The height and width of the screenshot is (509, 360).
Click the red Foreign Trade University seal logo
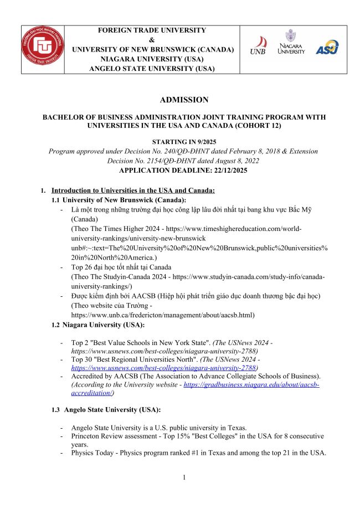click(x=43, y=49)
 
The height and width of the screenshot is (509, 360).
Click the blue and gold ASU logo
click(x=326, y=47)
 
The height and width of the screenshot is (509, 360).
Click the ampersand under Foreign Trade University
click(x=152, y=40)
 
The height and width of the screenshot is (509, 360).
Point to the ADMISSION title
click(x=176, y=100)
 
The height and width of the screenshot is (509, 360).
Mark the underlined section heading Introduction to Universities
click(x=133, y=190)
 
